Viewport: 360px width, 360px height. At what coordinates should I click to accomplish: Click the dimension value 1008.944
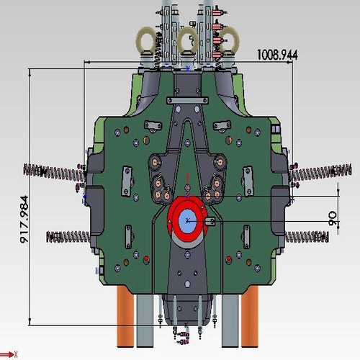[277, 54]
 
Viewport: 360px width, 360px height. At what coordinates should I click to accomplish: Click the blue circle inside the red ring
[188, 220]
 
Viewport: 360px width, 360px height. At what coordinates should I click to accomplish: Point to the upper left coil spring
[54, 171]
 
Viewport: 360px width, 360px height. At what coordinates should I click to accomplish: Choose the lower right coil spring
[306, 236]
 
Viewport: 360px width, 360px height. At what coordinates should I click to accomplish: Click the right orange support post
[249, 317]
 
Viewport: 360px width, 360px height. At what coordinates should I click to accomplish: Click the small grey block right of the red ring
[210, 221]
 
